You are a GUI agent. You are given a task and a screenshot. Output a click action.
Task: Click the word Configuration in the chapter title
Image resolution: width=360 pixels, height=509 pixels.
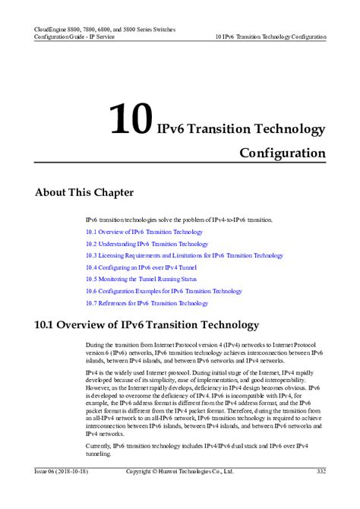click(283, 153)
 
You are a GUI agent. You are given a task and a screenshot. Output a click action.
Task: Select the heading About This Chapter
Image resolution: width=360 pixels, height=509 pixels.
click(84, 192)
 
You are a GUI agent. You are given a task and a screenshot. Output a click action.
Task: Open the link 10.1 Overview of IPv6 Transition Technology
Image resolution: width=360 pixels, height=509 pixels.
click(144, 231)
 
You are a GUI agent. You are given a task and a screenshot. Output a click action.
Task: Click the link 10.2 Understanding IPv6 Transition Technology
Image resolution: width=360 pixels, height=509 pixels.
click(147, 244)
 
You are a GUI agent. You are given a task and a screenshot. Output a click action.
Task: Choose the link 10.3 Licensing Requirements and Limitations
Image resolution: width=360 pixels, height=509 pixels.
click(184, 256)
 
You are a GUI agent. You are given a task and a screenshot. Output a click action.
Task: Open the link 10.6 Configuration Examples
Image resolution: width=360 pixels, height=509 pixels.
click(164, 291)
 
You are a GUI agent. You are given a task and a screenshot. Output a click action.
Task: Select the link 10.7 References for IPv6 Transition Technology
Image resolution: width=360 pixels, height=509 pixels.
click(147, 303)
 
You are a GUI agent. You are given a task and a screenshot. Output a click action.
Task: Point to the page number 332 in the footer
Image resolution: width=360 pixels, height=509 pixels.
click(321, 472)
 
